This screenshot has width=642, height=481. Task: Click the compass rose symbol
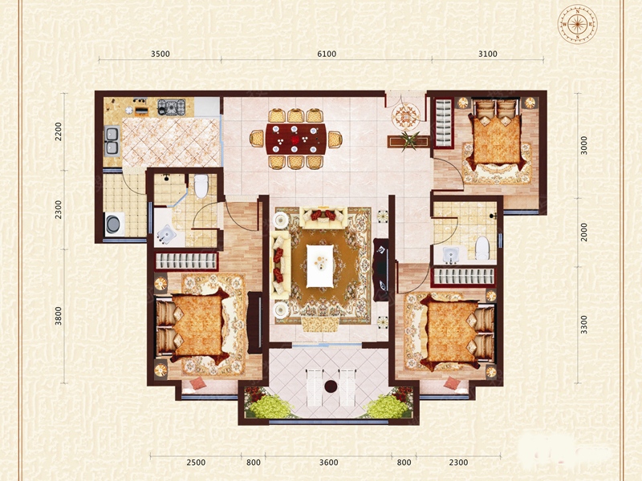tap(577, 24)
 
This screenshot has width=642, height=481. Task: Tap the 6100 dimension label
tap(327, 54)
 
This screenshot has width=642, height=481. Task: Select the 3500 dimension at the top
tap(160, 54)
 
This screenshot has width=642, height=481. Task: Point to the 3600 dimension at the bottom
tap(329, 463)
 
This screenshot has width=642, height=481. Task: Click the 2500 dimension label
tap(196, 463)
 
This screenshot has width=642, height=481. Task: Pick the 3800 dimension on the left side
tap(59, 316)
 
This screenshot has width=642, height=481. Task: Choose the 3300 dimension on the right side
tap(584, 325)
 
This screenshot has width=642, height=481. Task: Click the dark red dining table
tap(296, 139)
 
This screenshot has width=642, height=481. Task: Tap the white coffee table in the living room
tap(319, 266)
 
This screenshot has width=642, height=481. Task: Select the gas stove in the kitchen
tap(171, 107)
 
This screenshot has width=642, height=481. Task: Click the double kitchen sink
tap(112, 141)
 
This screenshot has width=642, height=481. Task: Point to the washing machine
tap(114, 224)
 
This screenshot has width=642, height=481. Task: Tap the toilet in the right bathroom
tap(482, 248)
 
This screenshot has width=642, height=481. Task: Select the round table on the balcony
tap(331, 386)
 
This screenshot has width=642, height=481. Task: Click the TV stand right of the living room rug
tap(380, 269)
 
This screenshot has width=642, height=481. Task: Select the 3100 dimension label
tap(488, 54)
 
